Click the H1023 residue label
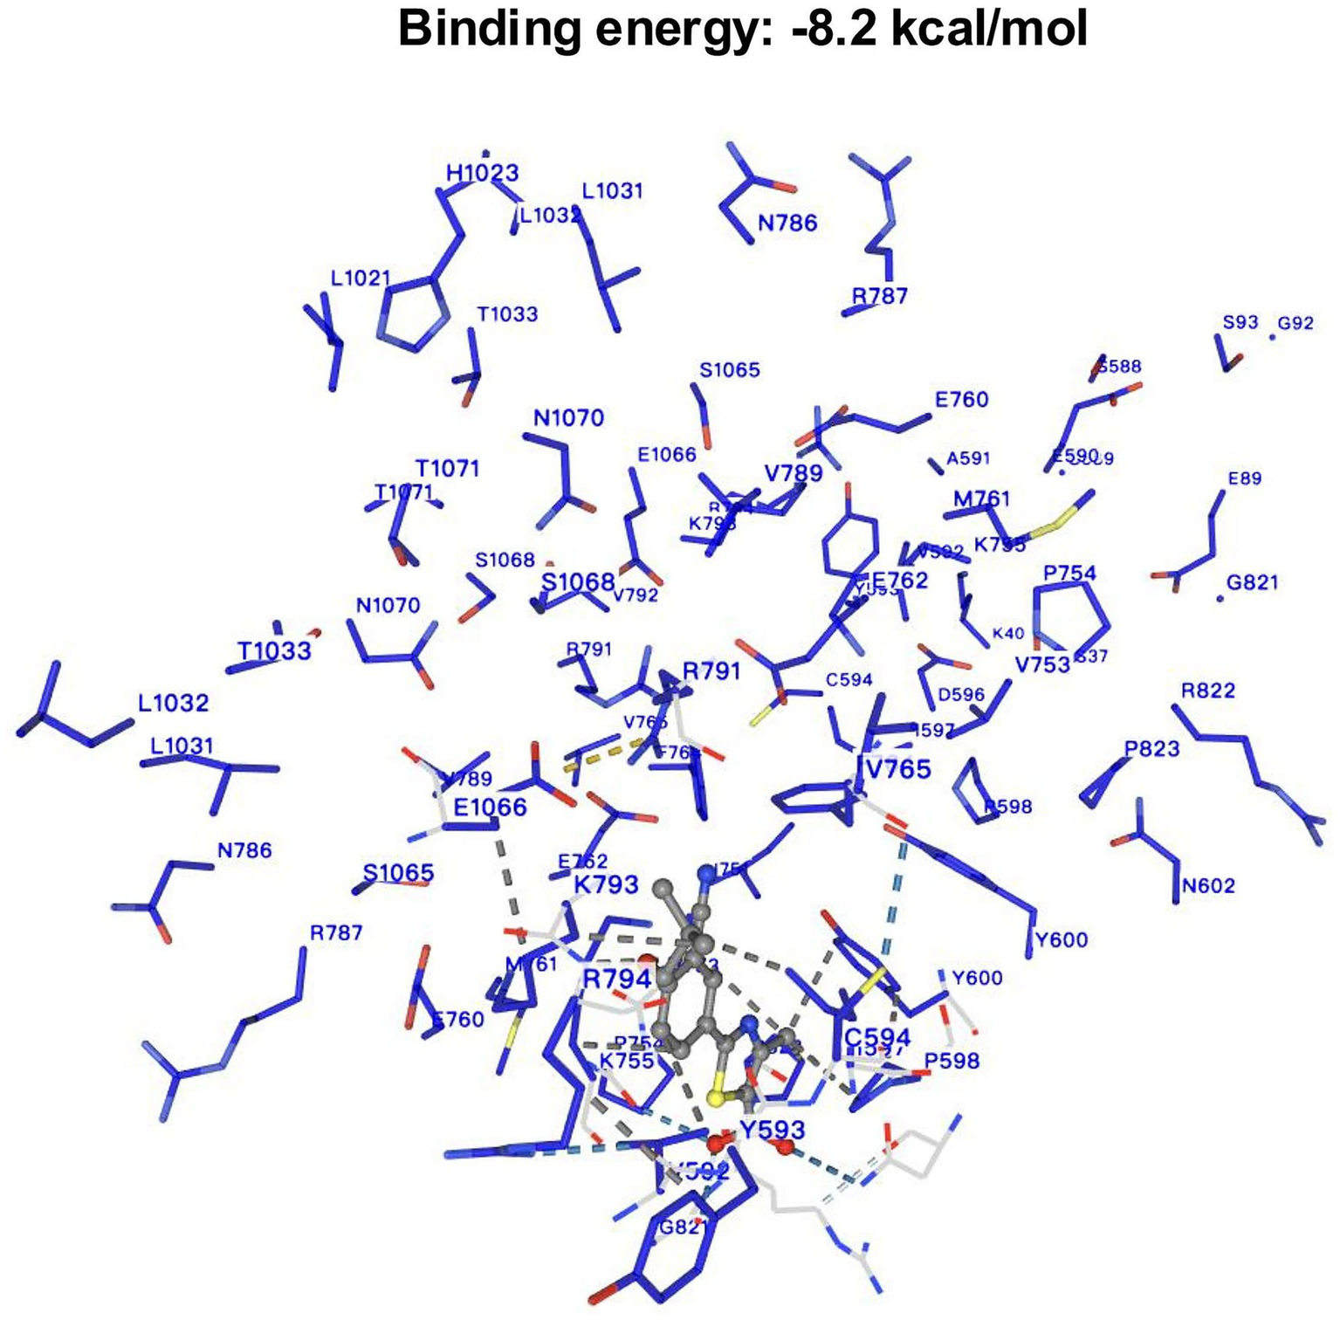tap(482, 173)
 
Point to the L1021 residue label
tap(361, 278)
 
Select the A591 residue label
tap(968, 458)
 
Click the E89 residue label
tap(1244, 478)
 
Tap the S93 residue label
tap(1240, 322)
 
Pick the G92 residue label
tap(1295, 323)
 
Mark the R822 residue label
tap(1208, 691)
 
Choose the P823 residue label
tap(1151, 748)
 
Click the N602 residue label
tap(1208, 886)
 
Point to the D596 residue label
tap(960, 695)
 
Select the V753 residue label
tap(1042, 665)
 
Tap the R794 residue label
tap(616, 979)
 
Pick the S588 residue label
tap(1120, 367)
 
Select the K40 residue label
tap(1008, 634)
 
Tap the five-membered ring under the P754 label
tap(1070, 615)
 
